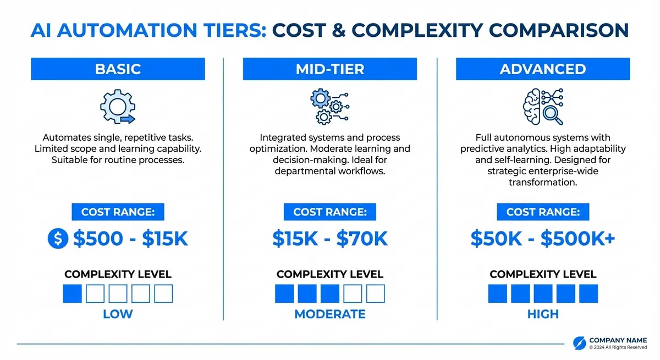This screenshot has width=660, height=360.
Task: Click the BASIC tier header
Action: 118,69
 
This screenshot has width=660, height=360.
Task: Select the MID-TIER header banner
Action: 329,69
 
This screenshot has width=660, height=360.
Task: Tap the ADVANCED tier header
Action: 542,69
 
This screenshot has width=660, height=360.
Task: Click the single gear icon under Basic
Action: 117,106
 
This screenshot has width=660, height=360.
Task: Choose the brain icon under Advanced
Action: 542,106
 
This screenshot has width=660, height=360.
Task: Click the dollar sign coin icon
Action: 58,239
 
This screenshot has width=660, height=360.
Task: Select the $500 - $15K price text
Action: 130,239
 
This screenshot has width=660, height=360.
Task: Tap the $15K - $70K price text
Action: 329,239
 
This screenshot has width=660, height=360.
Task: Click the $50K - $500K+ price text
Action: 543,239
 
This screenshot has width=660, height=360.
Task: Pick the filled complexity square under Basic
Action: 72,293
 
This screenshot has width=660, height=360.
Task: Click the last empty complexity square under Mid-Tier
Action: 376,293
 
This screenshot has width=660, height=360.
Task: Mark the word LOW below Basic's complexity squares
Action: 118,314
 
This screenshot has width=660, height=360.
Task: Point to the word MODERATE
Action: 329,314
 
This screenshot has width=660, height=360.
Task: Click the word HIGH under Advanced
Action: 542,314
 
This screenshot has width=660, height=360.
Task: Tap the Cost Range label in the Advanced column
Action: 542,212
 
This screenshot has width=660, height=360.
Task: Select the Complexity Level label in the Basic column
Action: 118,274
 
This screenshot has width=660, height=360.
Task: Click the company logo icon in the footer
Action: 579,342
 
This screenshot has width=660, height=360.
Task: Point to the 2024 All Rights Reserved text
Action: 618,348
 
